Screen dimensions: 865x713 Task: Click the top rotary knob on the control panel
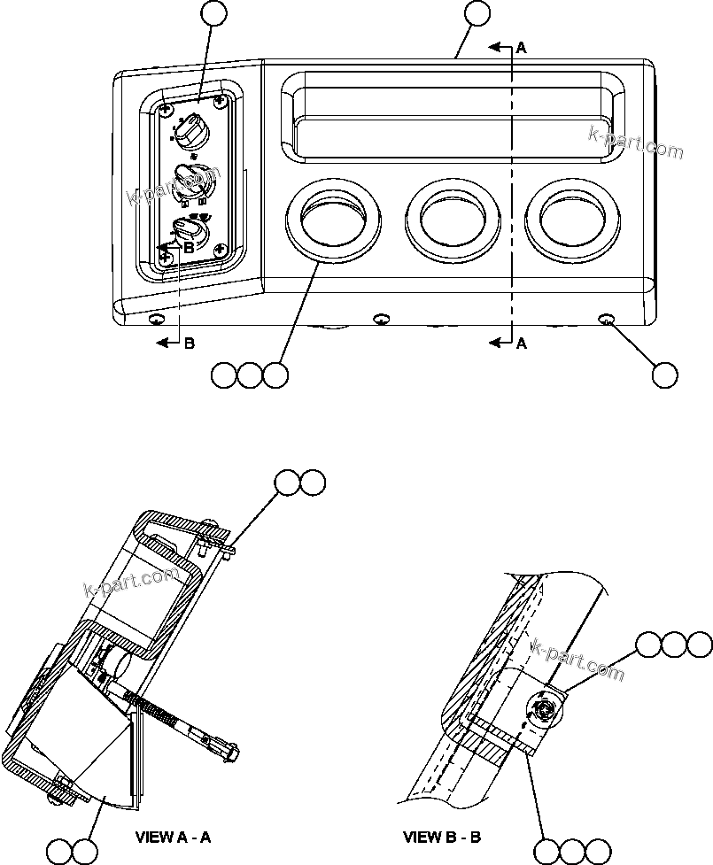pyautogui.click(x=190, y=133)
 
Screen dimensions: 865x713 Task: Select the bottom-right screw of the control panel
pyautogui.click(x=218, y=253)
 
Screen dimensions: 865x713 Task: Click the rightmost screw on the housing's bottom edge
pyautogui.click(x=608, y=319)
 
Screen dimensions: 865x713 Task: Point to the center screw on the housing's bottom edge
pyautogui.click(x=382, y=319)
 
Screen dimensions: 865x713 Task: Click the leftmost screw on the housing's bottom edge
pyautogui.click(x=156, y=320)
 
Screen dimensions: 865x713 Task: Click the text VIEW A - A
pyautogui.click(x=173, y=836)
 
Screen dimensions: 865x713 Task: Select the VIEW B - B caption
pyautogui.click(x=440, y=837)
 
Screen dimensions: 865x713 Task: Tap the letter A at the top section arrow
pyautogui.click(x=521, y=50)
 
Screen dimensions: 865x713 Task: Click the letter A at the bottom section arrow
pyautogui.click(x=521, y=344)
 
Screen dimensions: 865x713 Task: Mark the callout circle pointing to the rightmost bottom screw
pyautogui.click(x=665, y=375)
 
